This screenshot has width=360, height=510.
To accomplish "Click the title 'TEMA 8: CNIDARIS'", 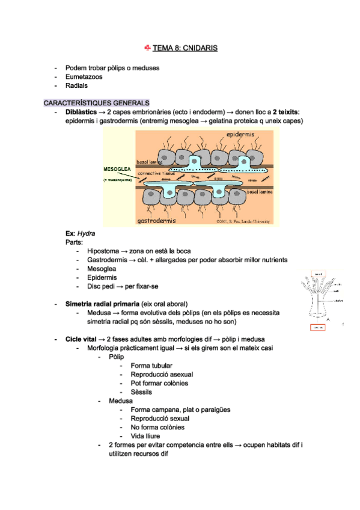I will [x=185, y=47].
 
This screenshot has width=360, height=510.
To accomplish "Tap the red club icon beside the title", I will [x=147, y=47].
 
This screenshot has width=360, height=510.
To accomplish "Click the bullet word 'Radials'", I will [x=76, y=86].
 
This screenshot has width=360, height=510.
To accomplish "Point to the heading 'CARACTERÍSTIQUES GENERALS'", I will [x=96, y=103].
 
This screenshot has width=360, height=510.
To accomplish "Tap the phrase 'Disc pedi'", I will [x=101, y=286].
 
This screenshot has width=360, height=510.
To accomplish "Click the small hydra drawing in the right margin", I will [x=320, y=296].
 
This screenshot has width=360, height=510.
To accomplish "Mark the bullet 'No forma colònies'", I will [x=157, y=428].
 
